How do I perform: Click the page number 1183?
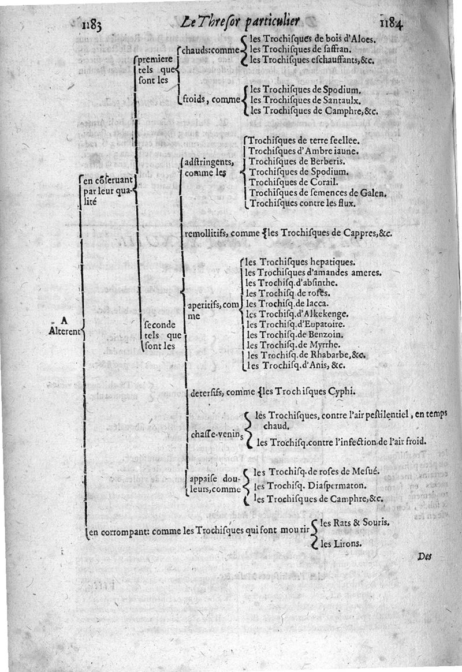92,24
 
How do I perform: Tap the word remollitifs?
205,234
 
